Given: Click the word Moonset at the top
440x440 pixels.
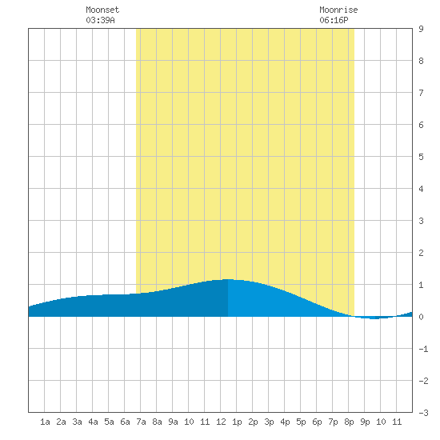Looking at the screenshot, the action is (x=102, y=10).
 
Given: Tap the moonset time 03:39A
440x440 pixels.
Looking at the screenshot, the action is (x=100, y=20).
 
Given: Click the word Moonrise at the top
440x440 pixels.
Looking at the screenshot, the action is (x=338, y=10).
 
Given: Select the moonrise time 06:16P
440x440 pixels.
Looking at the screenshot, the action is (x=334, y=20).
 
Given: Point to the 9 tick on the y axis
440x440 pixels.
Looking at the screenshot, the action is (x=421, y=29).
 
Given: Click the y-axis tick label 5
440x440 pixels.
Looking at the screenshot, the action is (x=421, y=157).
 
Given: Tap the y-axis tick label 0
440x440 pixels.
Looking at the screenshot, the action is (x=421, y=317).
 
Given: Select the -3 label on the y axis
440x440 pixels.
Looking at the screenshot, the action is (x=423, y=413).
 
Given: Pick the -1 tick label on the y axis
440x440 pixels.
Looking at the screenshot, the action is (x=423, y=349).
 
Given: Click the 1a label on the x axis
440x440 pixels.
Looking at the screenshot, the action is (x=45, y=422).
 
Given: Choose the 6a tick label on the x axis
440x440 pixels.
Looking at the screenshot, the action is (x=125, y=422).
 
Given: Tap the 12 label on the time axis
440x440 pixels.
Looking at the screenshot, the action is (x=221, y=422).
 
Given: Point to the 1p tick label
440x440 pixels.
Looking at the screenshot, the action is (x=237, y=422).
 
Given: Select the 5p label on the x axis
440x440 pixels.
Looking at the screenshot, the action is (x=301, y=422).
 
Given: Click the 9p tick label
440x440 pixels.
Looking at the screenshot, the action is (x=365, y=422).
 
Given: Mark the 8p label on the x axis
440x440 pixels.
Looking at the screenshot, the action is (x=349, y=422).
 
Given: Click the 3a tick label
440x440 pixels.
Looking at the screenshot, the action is (x=77, y=422).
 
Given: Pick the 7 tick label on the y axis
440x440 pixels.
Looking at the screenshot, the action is (x=421, y=93).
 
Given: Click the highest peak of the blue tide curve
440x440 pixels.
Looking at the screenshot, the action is (x=228, y=279).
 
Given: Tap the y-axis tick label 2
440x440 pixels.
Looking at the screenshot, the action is (x=421, y=253).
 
